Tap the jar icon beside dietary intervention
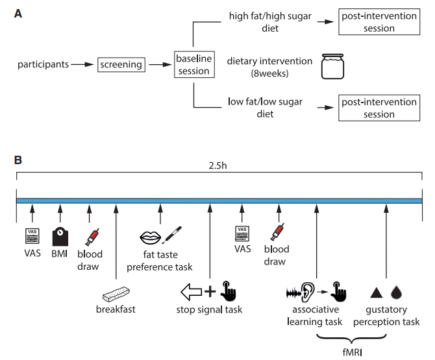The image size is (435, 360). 332,67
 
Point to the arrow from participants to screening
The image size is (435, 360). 82,65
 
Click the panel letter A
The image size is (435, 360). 18,14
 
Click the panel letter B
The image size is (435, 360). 18,160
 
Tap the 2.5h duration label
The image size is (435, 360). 217,165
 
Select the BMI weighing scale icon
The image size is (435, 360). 60,237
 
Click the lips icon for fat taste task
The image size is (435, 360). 150,237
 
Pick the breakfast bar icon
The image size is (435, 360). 116,294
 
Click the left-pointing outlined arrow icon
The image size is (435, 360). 191,292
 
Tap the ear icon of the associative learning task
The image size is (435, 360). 308,292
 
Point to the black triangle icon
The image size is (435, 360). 377,293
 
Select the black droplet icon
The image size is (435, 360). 396,293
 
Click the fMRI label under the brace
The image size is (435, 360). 353,352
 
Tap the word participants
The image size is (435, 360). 43,65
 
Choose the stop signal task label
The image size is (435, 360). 209,309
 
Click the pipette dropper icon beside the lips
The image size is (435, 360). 172,235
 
